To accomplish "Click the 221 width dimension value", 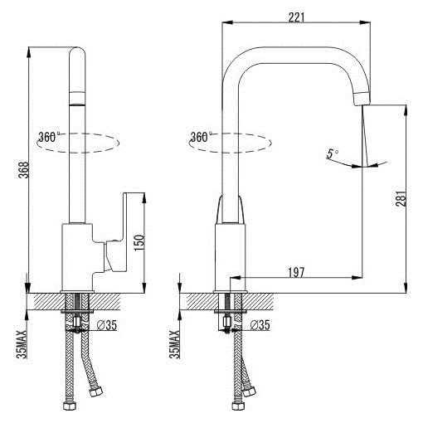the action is click(x=296, y=17).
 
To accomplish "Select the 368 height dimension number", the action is click(x=23, y=170).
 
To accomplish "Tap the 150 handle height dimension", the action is click(x=139, y=243).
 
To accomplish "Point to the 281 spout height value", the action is click(x=401, y=198).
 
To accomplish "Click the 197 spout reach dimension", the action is click(x=296, y=273).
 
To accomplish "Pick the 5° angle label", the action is click(x=332, y=153).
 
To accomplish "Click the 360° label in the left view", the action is click(x=49, y=137).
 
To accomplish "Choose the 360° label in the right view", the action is click(x=202, y=137).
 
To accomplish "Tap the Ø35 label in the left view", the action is click(x=107, y=325).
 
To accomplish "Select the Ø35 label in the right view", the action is click(x=260, y=325).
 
